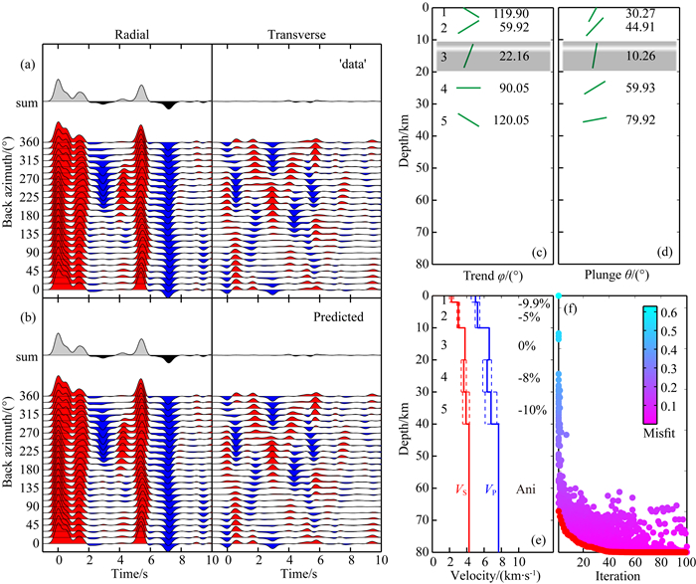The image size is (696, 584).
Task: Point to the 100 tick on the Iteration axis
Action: (684, 560)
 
